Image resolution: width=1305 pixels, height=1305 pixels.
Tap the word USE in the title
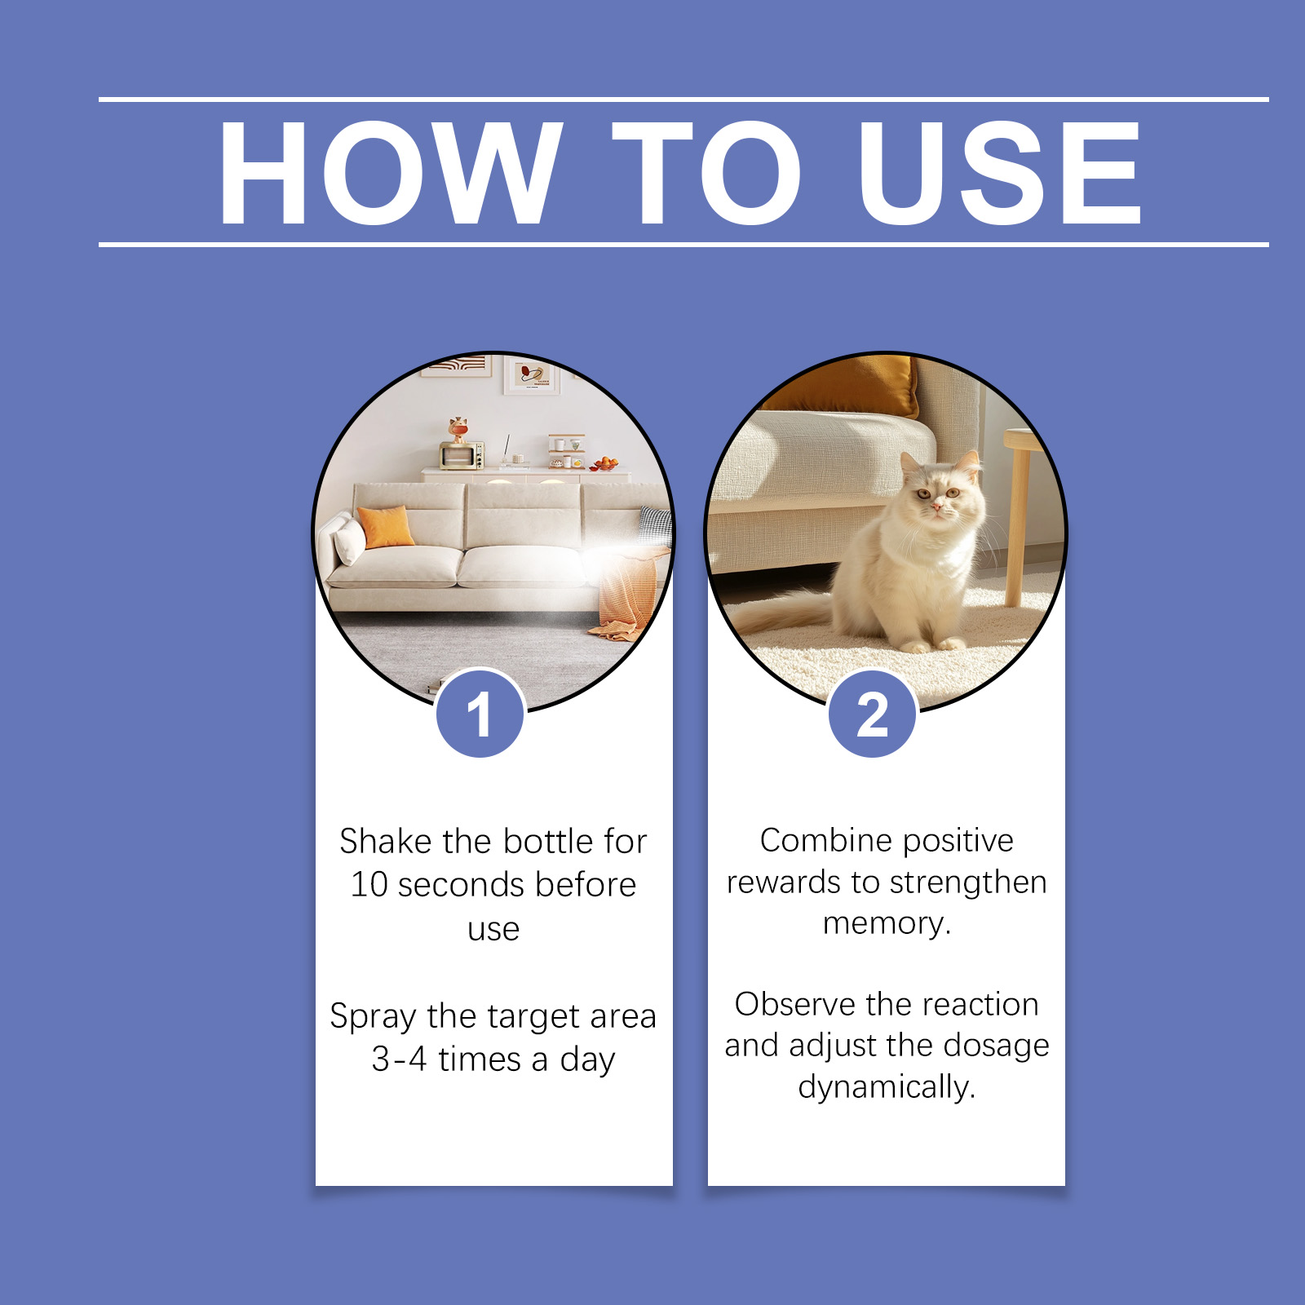click(1000, 172)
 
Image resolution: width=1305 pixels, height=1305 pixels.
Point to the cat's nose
click(936, 505)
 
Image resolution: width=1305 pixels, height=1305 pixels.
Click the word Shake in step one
click(386, 841)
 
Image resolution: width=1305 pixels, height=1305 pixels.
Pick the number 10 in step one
click(369, 885)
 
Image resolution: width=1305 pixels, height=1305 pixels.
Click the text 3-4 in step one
click(400, 1059)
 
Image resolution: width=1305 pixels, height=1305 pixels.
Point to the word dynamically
click(887, 1088)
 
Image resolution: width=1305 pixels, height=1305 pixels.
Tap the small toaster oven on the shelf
click(462, 454)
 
